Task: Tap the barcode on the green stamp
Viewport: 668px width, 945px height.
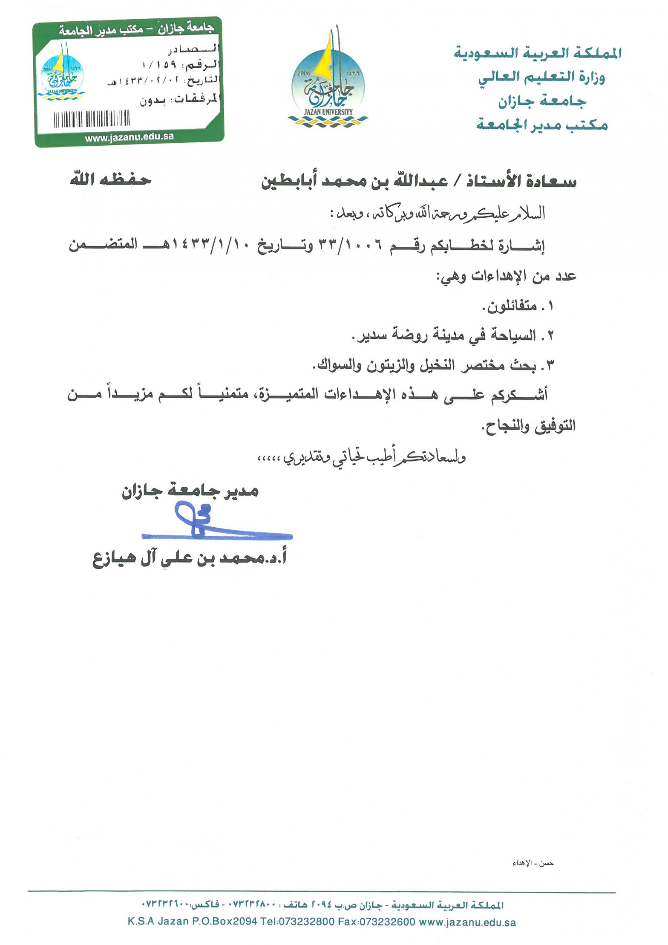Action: tap(92, 118)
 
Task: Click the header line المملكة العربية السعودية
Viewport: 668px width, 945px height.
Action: tap(537, 53)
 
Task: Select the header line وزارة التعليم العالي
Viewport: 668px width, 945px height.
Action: tap(541, 78)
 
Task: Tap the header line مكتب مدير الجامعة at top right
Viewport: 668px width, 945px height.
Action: tap(541, 125)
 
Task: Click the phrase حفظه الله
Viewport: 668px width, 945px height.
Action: tap(111, 180)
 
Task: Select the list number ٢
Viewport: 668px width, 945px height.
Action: tap(550, 336)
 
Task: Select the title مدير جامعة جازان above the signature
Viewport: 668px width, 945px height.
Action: tap(190, 491)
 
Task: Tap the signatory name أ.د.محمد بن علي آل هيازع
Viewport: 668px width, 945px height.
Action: tap(190, 558)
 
